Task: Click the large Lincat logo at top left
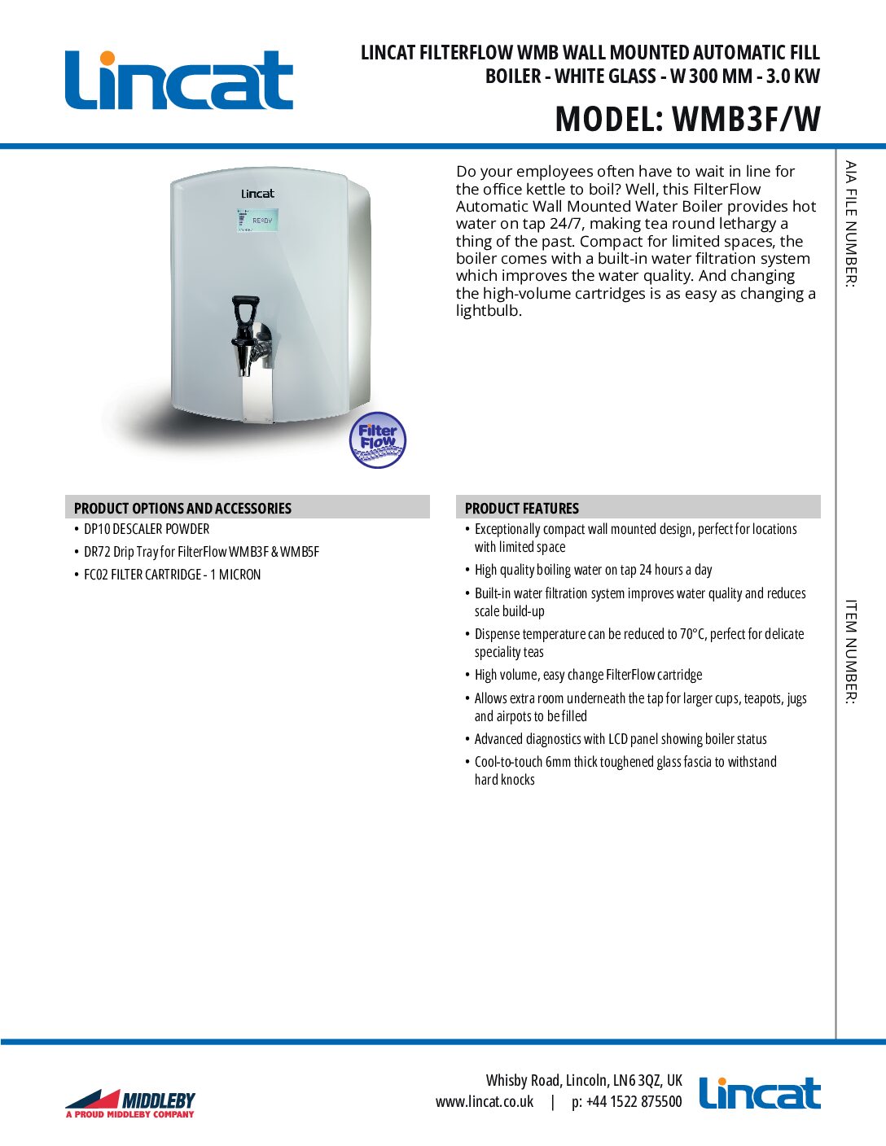(x=178, y=80)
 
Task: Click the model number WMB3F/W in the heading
(x=746, y=119)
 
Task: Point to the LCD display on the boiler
(x=257, y=220)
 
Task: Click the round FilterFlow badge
(x=377, y=440)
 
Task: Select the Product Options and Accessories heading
(x=182, y=508)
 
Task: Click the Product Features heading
(x=521, y=508)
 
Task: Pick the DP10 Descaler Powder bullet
(x=147, y=529)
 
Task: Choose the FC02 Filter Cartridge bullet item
(x=172, y=575)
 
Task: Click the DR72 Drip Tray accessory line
(x=201, y=552)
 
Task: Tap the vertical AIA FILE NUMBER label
(x=850, y=224)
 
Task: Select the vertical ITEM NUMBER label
(x=850, y=651)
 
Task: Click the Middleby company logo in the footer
(x=130, y=1103)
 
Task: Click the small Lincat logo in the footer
(x=759, y=1093)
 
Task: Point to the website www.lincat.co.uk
(x=485, y=1102)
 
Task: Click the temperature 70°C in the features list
(x=692, y=634)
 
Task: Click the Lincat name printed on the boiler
(x=257, y=194)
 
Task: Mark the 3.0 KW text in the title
(x=792, y=77)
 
